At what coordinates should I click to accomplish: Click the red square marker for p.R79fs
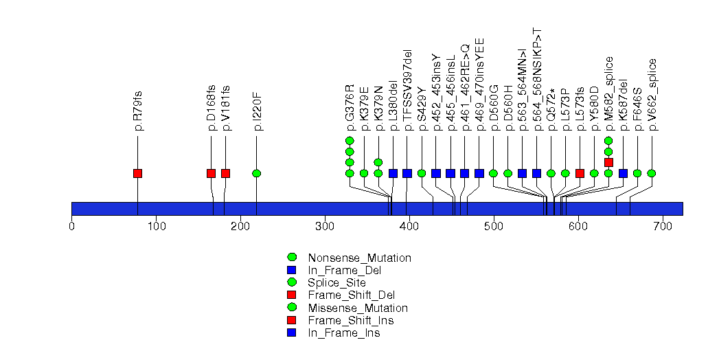pyautogui.click(x=137, y=173)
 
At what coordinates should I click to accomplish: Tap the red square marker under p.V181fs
pyautogui.click(x=225, y=173)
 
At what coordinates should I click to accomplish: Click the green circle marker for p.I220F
pyautogui.click(x=256, y=173)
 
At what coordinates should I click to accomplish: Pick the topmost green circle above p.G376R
pyautogui.click(x=350, y=141)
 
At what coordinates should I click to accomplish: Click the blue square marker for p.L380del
pyautogui.click(x=393, y=173)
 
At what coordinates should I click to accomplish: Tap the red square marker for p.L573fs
pyautogui.click(x=580, y=173)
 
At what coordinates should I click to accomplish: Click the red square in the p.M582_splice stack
pyautogui.click(x=608, y=162)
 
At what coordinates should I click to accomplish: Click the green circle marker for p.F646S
pyautogui.click(x=637, y=173)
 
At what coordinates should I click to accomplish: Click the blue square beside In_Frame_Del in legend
pyautogui.click(x=291, y=271)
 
